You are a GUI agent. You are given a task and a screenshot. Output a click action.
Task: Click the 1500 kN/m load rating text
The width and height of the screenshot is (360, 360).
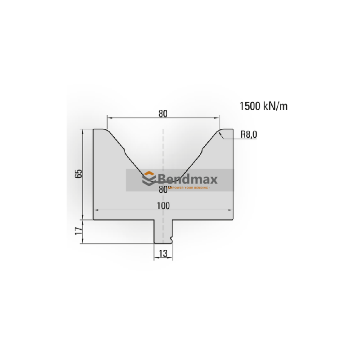[263, 106]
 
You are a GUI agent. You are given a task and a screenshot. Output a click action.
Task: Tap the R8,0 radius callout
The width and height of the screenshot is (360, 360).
[248, 134]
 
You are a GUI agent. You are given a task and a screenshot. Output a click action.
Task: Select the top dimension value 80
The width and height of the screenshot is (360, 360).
[163, 114]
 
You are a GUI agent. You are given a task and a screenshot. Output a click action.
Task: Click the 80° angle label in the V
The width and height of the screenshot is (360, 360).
[163, 190]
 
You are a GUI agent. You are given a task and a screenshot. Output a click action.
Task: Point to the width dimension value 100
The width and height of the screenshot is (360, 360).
[163, 206]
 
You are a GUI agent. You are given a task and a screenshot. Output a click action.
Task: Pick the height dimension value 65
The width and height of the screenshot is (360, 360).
[78, 174]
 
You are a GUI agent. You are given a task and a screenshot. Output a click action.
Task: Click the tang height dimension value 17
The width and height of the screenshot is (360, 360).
[78, 232]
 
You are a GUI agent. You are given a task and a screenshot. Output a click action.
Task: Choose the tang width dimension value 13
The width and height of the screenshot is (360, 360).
[163, 254]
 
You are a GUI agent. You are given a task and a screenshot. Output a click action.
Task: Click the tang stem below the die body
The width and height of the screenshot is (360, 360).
[162, 232]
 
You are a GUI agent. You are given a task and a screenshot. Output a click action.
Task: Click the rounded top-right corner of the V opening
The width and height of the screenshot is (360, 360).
[220, 132]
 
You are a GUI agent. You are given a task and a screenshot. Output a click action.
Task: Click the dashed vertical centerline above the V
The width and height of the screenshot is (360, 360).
[163, 144]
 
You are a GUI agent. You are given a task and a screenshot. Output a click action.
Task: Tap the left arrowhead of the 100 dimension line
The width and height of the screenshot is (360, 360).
[95, 211]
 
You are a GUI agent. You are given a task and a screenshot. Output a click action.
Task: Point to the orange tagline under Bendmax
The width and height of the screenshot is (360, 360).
[188, 188]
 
